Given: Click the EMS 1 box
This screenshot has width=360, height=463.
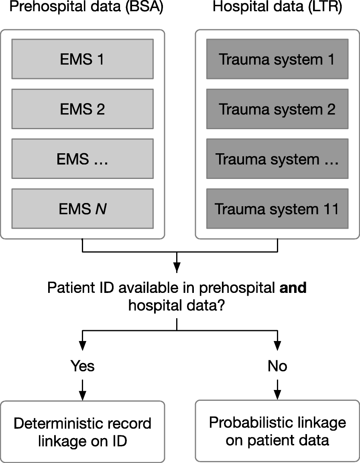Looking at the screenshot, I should tap(82, 59).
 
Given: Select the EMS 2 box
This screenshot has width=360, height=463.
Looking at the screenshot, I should tap(82, 109).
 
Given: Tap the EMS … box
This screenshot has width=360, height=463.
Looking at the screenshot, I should tap(82, 159).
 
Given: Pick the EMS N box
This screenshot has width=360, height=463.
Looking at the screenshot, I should tap(82, 209).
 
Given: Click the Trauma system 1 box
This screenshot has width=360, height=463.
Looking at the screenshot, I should tap(277, 59).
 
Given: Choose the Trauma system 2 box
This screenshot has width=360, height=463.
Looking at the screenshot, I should tap(277, 109).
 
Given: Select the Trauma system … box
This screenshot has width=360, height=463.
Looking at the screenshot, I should tap(277, 159).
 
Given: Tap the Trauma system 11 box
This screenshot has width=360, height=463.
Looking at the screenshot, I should tap(277, 209).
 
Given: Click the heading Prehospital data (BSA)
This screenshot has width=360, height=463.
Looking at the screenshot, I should tap(86, 8).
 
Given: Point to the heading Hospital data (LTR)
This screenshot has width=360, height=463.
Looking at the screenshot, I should tap(277, 8).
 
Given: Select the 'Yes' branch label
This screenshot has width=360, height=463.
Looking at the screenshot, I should tap(82, 366).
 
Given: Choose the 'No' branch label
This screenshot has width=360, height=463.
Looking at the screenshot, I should tap(277, 366).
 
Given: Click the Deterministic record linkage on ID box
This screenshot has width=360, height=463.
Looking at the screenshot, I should tap(82, 432).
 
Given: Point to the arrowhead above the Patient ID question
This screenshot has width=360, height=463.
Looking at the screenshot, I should tap(177, 268).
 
